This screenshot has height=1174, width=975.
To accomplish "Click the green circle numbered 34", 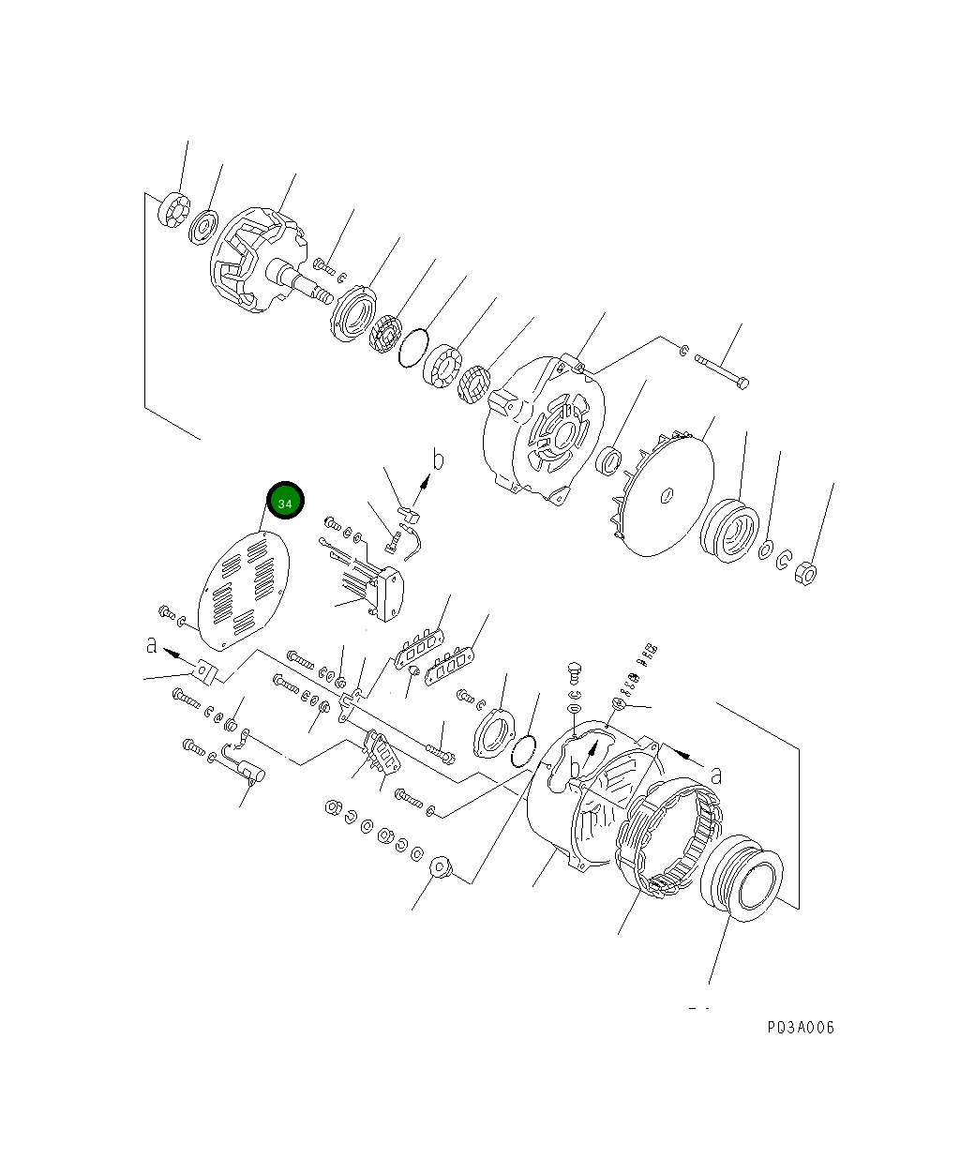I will pyautogui.click(x=285, y=503).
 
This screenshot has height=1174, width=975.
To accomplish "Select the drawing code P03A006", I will pyautogui.click(x=800, y=1028).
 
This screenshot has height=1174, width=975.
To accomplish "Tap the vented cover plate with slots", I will pyautogui.click(x=244, y=591).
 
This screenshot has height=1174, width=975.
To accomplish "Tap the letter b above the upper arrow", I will pyautogui.click(x=437, y=459).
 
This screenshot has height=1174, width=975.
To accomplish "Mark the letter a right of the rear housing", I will pyautogui.click(x=716, y=775).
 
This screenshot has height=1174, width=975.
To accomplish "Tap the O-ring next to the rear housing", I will pyautogui.click(x=525, y=748).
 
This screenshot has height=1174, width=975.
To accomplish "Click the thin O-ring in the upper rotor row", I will pyautogui.click(x=412, y=347).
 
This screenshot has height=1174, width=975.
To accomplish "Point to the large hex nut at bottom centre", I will pyautogui.click(x=442, y=867).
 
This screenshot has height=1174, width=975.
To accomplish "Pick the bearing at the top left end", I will pyautogui.click(x=174, y=208).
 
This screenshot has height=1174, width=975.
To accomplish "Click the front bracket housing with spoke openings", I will pyautogui.click(x=542, y=427).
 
